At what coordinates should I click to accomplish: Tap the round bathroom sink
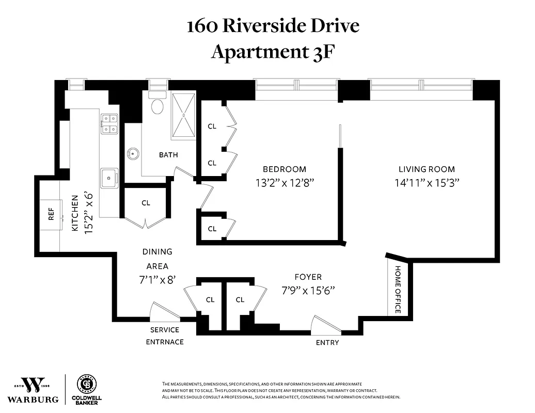134,153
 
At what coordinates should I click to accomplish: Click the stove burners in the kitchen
109,123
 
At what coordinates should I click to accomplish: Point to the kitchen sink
109,178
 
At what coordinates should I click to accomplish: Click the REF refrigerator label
51,214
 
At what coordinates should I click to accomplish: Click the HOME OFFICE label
398,289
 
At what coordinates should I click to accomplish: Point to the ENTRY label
327,342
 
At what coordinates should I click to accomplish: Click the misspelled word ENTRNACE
165,341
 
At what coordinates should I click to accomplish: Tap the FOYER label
308,277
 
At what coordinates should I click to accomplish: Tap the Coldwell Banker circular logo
86,385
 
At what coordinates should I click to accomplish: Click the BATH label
168,154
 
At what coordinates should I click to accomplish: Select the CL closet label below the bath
146,203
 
